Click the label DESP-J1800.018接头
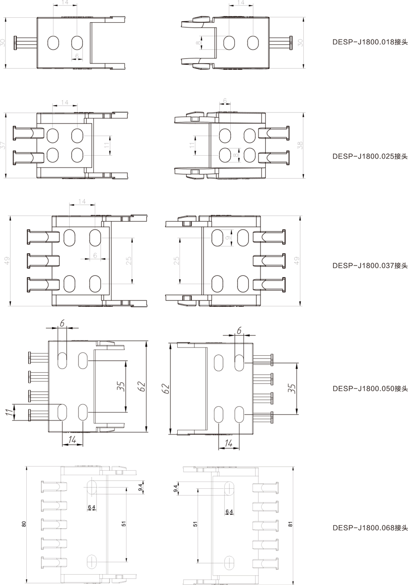pyautogui.click(x=370, y=42)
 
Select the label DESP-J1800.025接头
pyautogui.click(x=370, y=156)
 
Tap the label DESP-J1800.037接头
pyautogui.click(x=370, y=265)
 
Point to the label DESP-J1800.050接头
pyautogui.click(x=370, y=388)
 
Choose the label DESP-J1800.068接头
pyautogui.click(x=370, y=528)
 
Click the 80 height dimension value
pyautogui.click(x=24, y=524)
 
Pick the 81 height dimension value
pyautogui.click(x=290, y=524)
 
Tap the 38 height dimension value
pyautogui.click(x=300, y=145)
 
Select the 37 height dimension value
pyautogui.click(x=2, y=145)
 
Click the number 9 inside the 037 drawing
pyautogui.click(x=228, y=238)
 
